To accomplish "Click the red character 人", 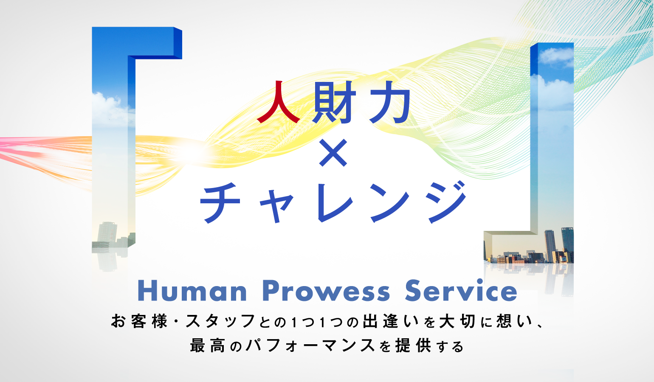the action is click(278, 102).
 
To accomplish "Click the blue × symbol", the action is click(333, 153).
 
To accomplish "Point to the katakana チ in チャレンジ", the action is click(220, 203).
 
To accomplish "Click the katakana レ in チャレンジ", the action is click(335, 203).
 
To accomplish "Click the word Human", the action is click(192, 291).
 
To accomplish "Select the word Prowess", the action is click(327, 291).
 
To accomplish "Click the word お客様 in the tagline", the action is click(139, 321).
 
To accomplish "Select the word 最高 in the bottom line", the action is click(207, 345).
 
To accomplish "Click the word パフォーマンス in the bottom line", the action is click(310, 345).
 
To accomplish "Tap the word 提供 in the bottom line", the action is click(413, 345).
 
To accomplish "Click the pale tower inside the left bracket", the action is click(107, 232).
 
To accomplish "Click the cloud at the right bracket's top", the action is click(556, 56).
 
